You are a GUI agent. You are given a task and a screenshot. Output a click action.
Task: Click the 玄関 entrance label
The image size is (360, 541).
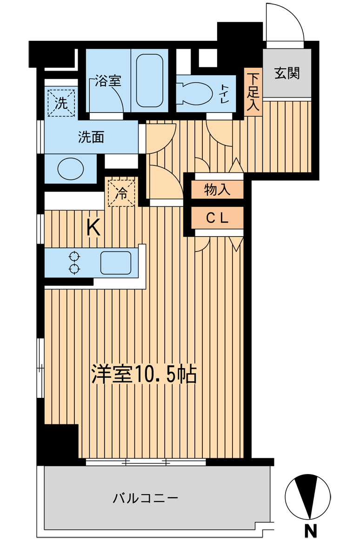pyautogui.click(x=287, y=73)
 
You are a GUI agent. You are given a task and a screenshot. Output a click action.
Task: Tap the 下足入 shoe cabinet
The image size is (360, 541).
pyautogui.click(x=253, y=92)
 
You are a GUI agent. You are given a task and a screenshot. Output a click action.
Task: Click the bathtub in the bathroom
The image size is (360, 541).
pyautogui.click(x=149, y=80)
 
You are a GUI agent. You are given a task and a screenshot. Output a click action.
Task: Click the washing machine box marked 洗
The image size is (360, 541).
pyautogui.click(x=61, y=102)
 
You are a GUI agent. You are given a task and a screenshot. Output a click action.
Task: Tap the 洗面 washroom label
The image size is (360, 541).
pyautogui.click(x=91, y=137)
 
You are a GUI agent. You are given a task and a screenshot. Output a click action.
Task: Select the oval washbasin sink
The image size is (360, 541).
pyautogui.click(x=70, y=169)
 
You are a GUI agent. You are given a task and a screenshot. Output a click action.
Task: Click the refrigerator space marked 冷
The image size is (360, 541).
pyautogui.click(x=121, y=193)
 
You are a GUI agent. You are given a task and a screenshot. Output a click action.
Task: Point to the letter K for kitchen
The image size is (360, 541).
pyautogui.click(x=93, y=228)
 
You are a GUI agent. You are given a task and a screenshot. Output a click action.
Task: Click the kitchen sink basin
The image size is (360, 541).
pyautogui.click(x=116, y=263)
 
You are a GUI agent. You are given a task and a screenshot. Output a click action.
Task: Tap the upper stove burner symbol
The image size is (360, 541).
pyautogui.click(x=74, y=257)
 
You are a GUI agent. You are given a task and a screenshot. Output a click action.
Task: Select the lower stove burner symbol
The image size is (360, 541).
pyautogui.click(x=74, y=269)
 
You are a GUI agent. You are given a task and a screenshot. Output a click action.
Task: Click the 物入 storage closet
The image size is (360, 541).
pyautogui.click(x=218, y=190)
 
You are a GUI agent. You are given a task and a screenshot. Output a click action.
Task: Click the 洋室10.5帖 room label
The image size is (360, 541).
pyautogui.click(x=144, y=374)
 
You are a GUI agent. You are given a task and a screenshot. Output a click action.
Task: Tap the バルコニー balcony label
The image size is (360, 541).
pyautogui.click(x=145, y=498)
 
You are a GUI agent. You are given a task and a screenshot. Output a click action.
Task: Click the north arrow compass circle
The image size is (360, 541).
pyautogui.click(x=308, y=497)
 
